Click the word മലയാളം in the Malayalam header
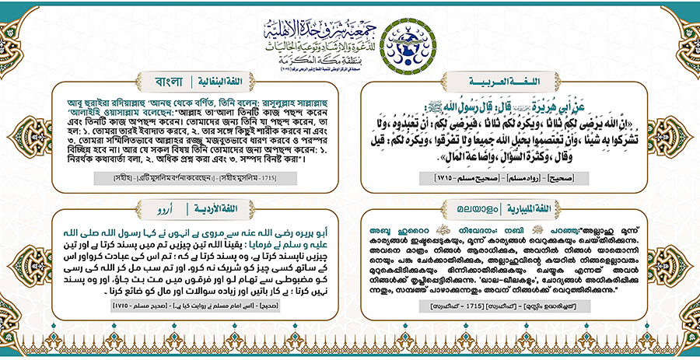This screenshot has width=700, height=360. [459, 208]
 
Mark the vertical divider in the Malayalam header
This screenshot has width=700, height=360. [494, 208]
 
